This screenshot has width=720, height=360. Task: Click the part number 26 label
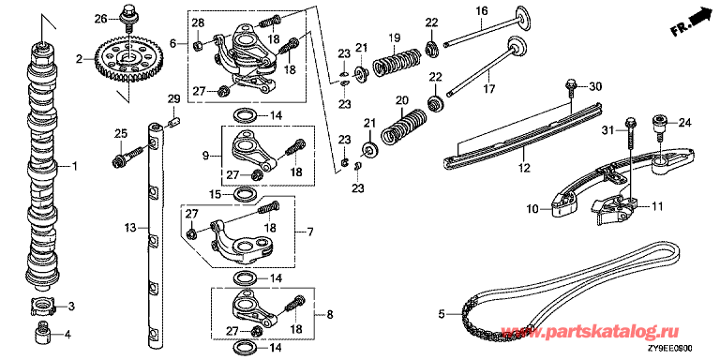pyautogui.click(x=100, y=19)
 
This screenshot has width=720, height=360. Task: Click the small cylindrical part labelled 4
pyautogui.click(x=42, y=336)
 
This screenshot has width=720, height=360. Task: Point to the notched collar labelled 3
pyautogui.click(x=42, y=307)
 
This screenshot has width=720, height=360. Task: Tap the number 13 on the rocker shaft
pyautogui.click(x=130, y=227)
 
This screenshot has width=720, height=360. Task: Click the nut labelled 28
pyautogui.click(x=199, y=45)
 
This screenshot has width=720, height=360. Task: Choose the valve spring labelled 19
pyautogui.click(x=396, y=61)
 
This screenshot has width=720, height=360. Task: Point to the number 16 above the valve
pyautogui.click(x=480, y=10)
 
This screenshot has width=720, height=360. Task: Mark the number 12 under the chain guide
pyautogui.click(x=523, y=168)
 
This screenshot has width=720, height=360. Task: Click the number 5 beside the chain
pyautogui.click(x=442, y=314)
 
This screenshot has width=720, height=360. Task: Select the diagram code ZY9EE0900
pyautogui.click(x=673, y=349)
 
